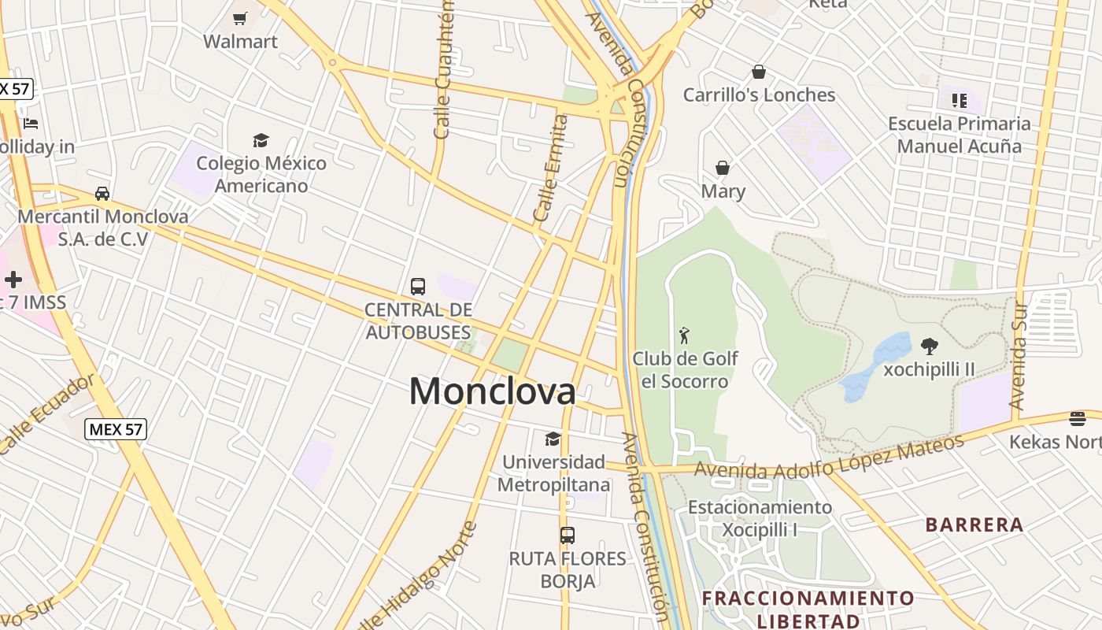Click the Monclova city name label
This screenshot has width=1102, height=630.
[492, 391]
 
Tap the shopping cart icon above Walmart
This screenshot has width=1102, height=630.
[240, 17]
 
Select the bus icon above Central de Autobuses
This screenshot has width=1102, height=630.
[418, 287]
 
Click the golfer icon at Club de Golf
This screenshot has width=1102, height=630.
[684, 335]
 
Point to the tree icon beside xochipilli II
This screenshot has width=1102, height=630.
[930, 346]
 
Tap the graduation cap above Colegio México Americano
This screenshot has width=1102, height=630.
[261, 140]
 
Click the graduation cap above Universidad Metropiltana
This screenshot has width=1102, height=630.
[553, 439]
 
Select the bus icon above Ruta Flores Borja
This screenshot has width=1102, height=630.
[568, 535]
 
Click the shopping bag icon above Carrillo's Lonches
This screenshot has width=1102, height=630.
[759, 72]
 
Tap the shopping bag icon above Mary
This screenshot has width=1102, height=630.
[723, 168]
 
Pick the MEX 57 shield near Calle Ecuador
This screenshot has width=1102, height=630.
[116, 429]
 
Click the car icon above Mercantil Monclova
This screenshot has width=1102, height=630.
[102, 193]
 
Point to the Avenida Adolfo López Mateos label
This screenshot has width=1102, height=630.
[828, 458]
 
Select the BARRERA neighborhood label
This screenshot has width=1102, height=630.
[974, 524]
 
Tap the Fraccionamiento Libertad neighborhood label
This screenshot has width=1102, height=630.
[808, 609]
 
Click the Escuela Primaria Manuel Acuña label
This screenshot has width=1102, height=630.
[960, 135]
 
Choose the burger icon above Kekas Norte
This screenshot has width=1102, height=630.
[1078, 418]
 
